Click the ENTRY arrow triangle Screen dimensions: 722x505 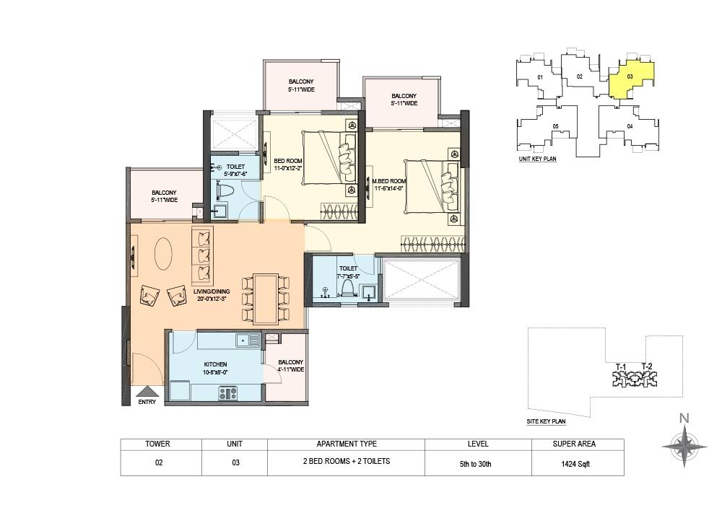pos(147,392)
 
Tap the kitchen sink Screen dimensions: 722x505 pos(248,341)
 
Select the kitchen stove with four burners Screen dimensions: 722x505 pos(227,393)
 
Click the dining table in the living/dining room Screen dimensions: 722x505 pos(265,299)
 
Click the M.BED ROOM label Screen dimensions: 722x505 pos(389,181)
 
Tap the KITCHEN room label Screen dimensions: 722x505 pos(215,364)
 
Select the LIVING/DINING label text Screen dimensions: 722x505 pos(212,291)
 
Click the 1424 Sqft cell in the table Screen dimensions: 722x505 pos(575,464)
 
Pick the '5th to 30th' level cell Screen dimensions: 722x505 pos(475,464)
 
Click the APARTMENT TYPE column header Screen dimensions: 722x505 pos(347,444)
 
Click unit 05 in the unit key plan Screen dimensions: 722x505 pos(555,126)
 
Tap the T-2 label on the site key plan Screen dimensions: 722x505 pos(646,366)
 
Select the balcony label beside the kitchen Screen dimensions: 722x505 pos(290,366)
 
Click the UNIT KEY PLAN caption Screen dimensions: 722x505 pos(537,159)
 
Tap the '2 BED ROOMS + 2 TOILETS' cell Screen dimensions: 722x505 pos(347,461)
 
